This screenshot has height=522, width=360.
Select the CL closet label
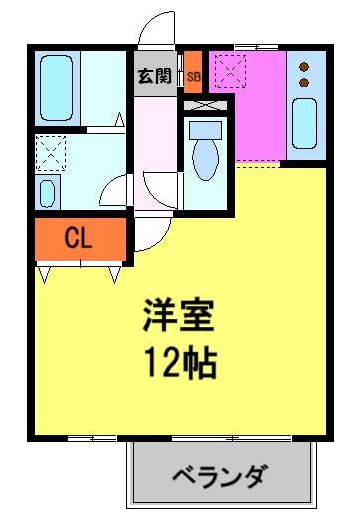(x=80, y=238)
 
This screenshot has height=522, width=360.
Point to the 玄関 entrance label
(x=154, y=76)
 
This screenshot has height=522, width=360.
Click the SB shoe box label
(x=193, y=76)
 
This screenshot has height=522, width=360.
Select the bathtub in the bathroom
(x=58, y=87)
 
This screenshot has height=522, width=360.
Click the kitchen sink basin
(x=305, y=125)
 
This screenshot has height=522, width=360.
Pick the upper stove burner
(x=305, y=66)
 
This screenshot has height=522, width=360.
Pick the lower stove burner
(x=305, y=81)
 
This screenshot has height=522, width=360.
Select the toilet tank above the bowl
(x=206, y=129)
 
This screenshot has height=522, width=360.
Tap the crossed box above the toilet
(x=205, y=103)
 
